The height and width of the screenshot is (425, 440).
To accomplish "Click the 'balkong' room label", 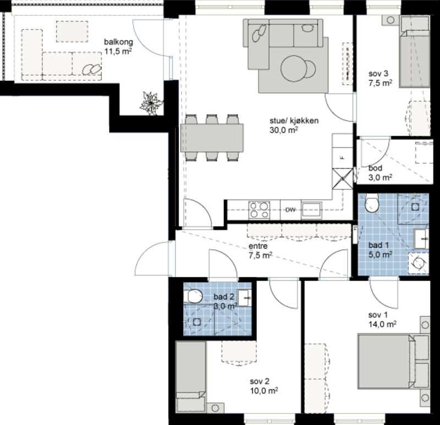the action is [x=118, y=42].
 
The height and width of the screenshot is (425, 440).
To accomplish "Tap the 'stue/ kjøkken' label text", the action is [x=294, y=121].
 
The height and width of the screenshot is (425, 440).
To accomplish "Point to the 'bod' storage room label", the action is [x=375, y=168].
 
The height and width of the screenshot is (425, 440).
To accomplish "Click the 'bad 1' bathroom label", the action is [x=378, y=245].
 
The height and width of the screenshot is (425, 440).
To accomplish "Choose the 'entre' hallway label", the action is [x=258, y=246].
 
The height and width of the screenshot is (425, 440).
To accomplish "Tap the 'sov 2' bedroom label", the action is [x=260, y=381].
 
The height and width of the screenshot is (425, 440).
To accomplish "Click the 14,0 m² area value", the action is [x=382, y=324].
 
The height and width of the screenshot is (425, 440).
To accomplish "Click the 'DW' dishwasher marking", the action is [x=290, y=210].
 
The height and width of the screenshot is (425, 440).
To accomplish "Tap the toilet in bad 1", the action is [x=372, y=203].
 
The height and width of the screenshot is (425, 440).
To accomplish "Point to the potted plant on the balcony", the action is [x=151, y=104].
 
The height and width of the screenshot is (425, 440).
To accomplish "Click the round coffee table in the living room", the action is [x=293, y=69].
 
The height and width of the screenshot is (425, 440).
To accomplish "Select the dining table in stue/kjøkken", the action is [x=212, y=138].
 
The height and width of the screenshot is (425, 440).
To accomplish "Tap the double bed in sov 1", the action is [x=386, y=361].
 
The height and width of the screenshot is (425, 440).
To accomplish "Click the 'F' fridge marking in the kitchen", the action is [x=342, y=158].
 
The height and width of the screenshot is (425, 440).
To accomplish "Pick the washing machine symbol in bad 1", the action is [x=418, y=262].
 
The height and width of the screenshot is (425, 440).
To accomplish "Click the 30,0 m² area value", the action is [x=283, y=130].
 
